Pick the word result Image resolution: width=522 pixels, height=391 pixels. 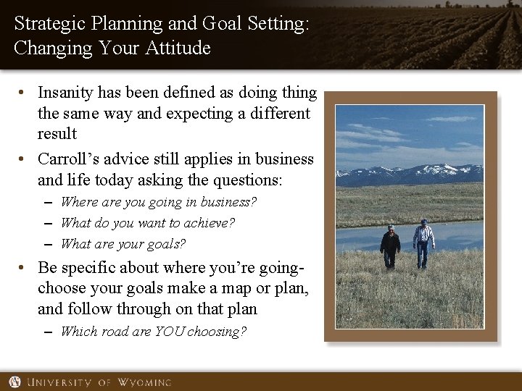click(57, 135)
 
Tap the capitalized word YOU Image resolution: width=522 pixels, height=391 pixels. click(170, 332)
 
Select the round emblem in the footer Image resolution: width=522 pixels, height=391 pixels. click(14, 382)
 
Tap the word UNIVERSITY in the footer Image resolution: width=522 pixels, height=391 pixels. click(65, 382)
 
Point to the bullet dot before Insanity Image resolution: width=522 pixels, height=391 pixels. click(24, 93)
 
